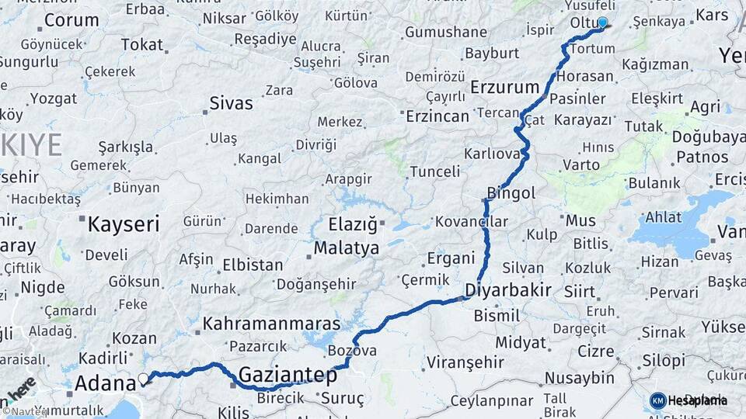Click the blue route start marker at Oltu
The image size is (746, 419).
(602, 23)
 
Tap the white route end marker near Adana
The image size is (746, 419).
(143, 379)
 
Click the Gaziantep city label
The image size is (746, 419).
(288, 376)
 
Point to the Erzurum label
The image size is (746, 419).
(504, 87)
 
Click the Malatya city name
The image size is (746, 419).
(347, 248)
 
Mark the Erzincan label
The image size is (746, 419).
(437, 116)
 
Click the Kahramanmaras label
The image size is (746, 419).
(271, 324)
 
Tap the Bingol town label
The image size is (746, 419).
(511, 192)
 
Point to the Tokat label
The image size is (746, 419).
(141, 45)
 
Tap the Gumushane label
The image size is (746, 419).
(445, 33)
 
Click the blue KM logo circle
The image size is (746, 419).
(657, 400)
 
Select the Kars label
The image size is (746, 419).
(712, 15)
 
